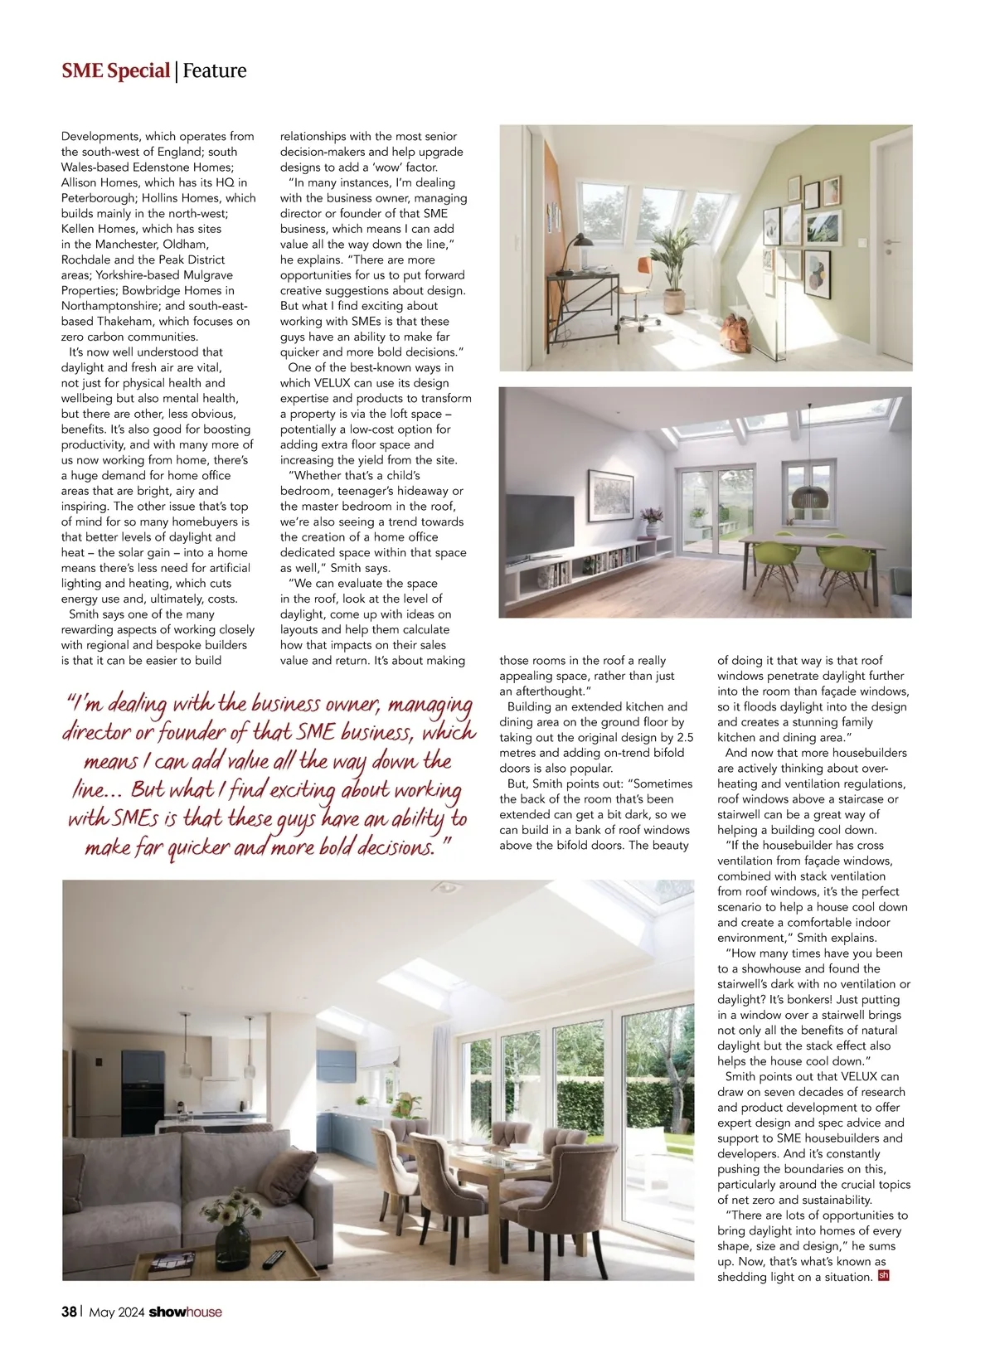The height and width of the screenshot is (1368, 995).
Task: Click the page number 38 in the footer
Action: (69, 1312)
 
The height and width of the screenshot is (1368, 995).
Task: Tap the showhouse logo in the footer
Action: (185, 1312)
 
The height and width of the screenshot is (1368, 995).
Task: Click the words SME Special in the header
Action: (115, 71)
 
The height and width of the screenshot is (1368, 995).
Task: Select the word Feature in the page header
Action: (215, 71)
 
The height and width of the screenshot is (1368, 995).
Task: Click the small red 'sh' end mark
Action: (883, 1276)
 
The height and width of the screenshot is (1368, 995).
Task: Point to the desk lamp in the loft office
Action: (571, 247)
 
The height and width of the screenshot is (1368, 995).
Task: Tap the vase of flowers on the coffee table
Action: (232, 1219)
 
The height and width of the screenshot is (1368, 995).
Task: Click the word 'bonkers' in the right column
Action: (794, 1000)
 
